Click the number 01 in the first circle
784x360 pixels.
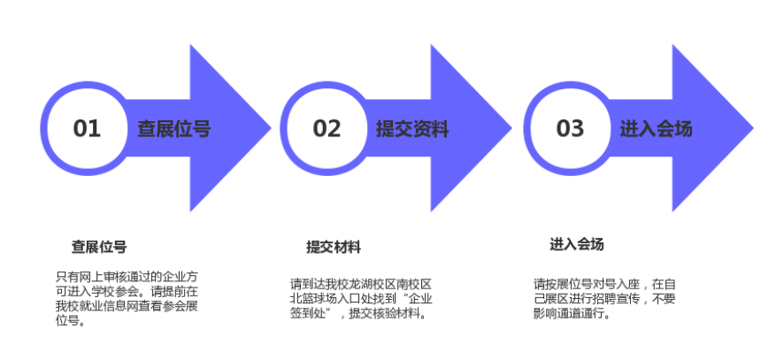click(x=87, y=128)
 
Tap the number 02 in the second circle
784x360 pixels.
click(x=327, y=128)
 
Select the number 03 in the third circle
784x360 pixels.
click(x=570, y=128)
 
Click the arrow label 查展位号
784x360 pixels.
click(x=174, y=129)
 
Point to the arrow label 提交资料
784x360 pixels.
click(x=412, y=129)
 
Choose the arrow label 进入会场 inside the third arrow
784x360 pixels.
click(x=656, y=129)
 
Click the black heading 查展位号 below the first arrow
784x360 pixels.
click(x=99, y=247)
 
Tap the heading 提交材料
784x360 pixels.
click(x=334, y=247)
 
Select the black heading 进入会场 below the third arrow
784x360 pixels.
click(x=577, y=244)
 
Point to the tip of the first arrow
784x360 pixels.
click(x=271, y=128)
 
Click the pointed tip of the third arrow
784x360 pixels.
click(x=753, y=128)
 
